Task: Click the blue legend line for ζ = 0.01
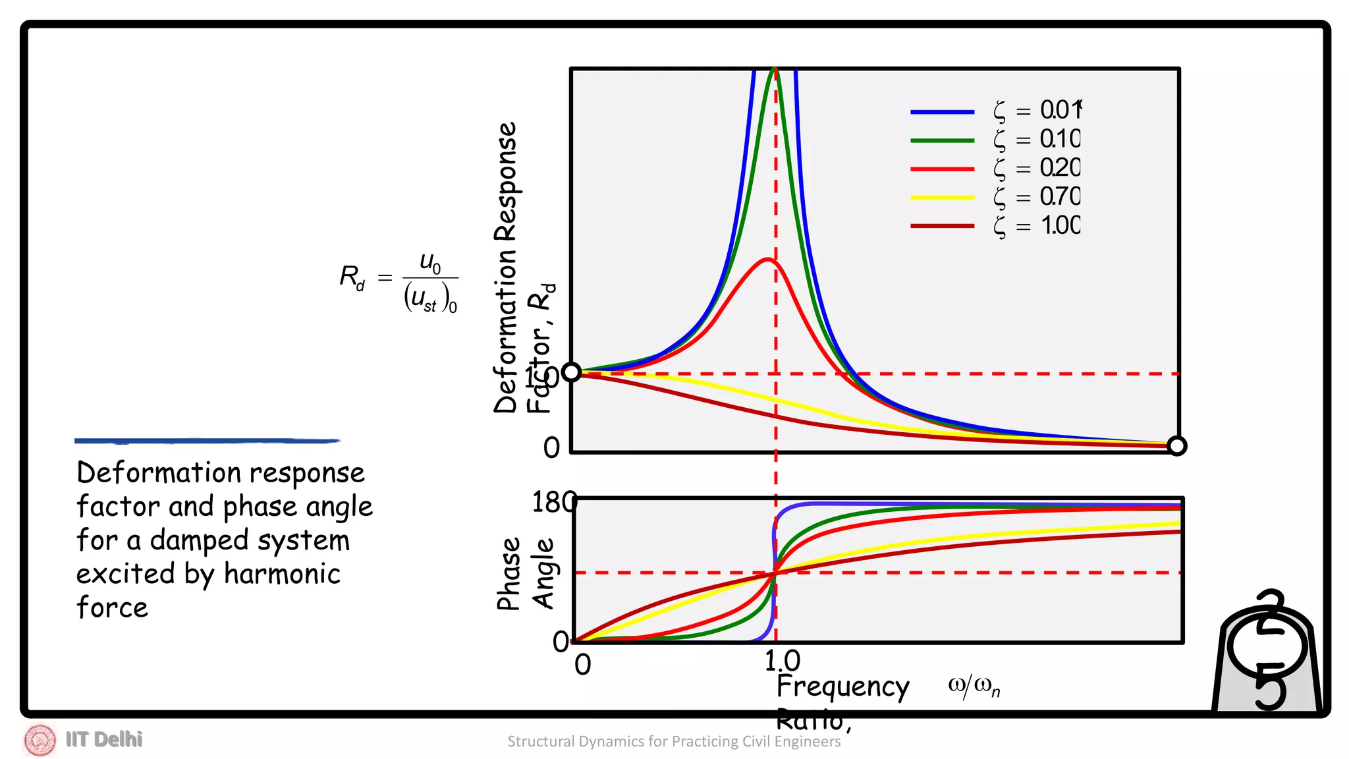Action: point(942,112)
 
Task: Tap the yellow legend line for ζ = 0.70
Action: point(942,198)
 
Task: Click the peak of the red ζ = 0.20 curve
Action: point(767,259)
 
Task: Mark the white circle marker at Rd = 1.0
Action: point(571,372)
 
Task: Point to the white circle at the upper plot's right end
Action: point(1177,446)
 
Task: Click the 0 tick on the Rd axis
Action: point(552,448)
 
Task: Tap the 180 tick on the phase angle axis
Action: point(553,503)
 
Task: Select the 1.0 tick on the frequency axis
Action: point(782,661)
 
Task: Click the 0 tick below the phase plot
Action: point(582,665)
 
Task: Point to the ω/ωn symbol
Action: point(974,687)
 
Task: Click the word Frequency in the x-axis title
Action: point(842,687)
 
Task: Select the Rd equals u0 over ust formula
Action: point(399,281)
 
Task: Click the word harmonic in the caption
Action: point(282,574)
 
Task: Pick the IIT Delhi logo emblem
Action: point(40,740)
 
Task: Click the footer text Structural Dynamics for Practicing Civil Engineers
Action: point(674,742)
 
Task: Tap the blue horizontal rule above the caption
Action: point(207,441)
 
